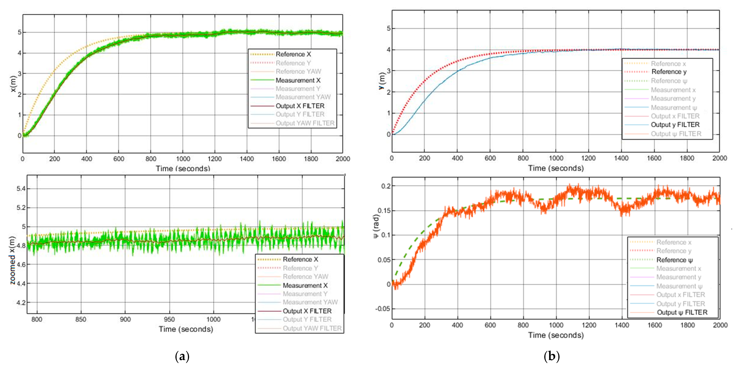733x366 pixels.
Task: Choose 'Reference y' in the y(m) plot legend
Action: (x=669, y=72)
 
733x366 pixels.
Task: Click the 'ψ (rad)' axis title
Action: (x=376, y=227)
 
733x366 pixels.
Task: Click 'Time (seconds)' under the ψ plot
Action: (x=556, y=335)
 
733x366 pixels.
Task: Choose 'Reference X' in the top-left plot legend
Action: (x=293, y=54)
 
